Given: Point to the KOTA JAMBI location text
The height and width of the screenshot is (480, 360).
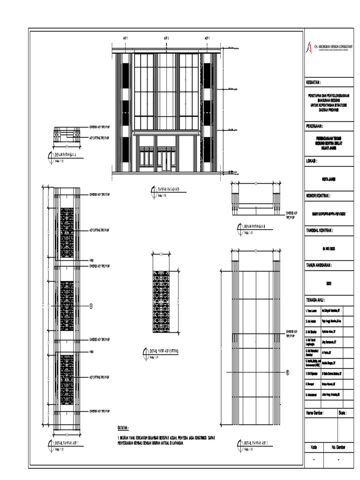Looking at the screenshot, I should coord(330,179).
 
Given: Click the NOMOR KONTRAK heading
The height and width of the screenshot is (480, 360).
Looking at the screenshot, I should coord(319,195).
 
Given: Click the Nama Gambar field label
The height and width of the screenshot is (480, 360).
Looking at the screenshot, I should coord(315,413).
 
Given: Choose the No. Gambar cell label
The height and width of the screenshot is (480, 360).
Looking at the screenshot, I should coord(338,447).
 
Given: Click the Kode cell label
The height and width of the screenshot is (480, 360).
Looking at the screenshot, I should coord(314,447).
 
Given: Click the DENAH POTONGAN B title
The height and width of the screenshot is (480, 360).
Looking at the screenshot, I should coord(255,227).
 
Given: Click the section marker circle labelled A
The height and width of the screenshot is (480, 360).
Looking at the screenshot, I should coord(91,305).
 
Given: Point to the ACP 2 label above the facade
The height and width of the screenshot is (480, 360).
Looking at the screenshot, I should coord(166,38).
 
